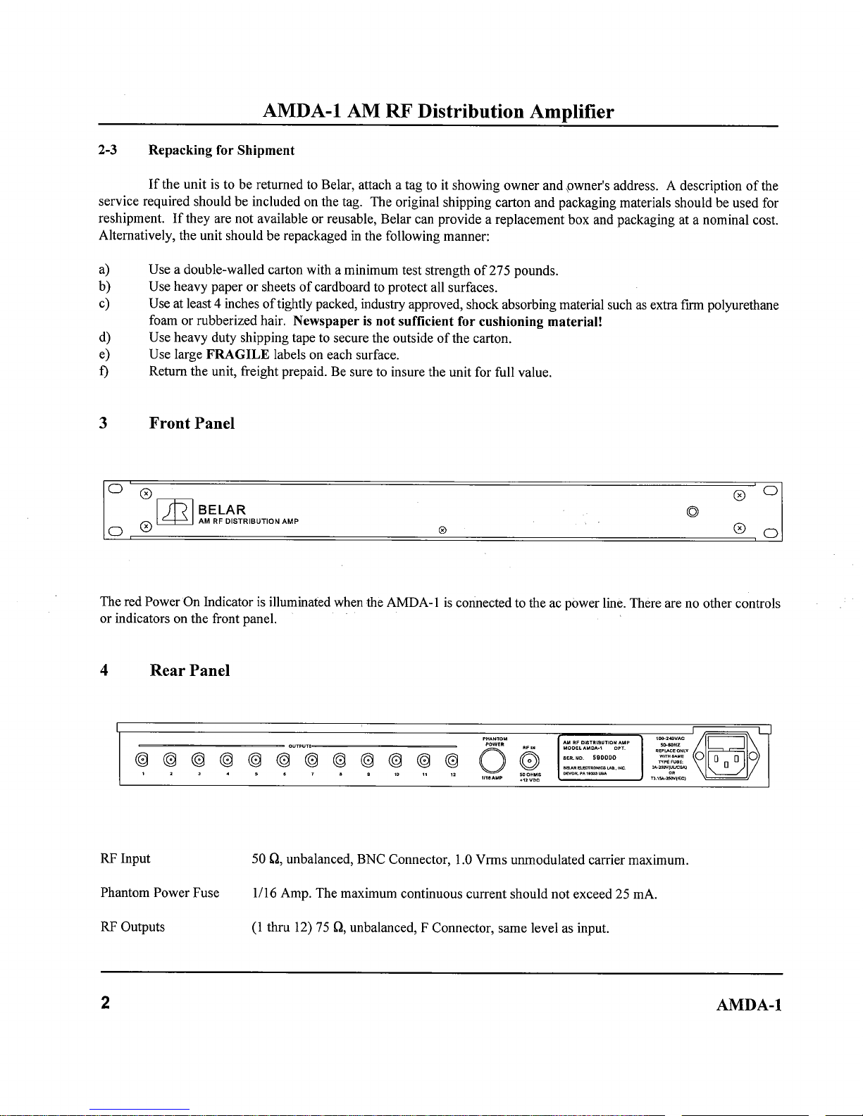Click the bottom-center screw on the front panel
click(442, 528)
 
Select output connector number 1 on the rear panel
click(142, 759)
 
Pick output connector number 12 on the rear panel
click(452, 759)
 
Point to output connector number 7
click(311, 759)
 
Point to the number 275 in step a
click(498, 270)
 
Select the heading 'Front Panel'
click(192, 423)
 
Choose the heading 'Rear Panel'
click(190, 670)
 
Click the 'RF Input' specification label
click(125, 859)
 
